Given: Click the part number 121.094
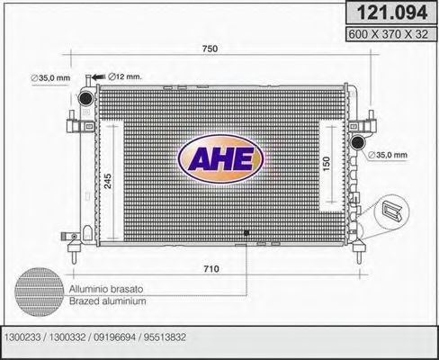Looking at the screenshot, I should click(385, 13).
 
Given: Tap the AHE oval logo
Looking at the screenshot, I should click(220, 159).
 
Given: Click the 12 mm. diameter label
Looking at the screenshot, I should click(126, 77).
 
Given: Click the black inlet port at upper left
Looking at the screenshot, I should click(85, 97).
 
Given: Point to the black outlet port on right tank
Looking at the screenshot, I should click(359, 141).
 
